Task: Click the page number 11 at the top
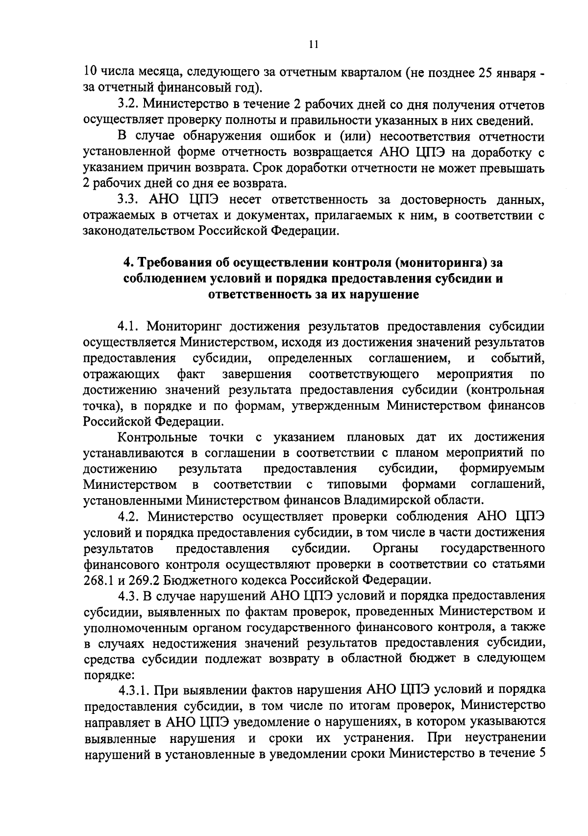[314, 45]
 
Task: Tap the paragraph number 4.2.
[128, 516]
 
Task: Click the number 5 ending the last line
[541, 754]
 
